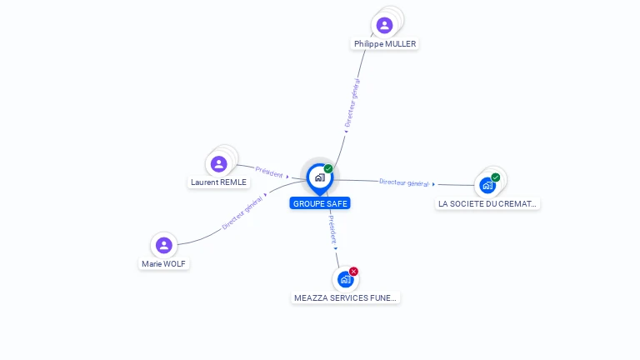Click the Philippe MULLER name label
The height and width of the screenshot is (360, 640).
[384, 43]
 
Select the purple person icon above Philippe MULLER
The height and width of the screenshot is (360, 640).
[384, 25]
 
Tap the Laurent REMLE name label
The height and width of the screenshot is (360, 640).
[218, 182]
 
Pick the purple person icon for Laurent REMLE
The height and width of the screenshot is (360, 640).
[219, 163]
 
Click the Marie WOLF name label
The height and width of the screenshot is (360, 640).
[164, 263]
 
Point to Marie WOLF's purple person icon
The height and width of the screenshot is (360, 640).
[164, 245]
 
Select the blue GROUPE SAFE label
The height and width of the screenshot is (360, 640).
[320, 203]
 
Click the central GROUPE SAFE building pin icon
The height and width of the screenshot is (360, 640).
[319, 177]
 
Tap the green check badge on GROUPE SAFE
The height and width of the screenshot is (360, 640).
[328, 169]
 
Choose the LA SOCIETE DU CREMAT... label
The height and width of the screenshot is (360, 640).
[488, 203]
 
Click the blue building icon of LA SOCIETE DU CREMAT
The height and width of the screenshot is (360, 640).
[487, 185]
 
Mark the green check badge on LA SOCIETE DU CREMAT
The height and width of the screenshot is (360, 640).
[496, 177]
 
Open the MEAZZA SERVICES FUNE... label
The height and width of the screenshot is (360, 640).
[346, 297]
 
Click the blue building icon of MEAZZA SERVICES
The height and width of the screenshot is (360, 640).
[345, 279]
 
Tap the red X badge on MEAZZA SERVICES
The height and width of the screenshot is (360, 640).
[353, 272]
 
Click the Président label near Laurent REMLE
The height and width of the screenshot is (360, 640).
[269, 172]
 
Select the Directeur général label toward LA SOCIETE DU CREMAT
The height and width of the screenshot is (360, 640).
[403, 182]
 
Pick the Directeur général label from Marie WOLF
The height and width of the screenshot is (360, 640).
[242, 213]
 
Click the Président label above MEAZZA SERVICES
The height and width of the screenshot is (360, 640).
[331, 228]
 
